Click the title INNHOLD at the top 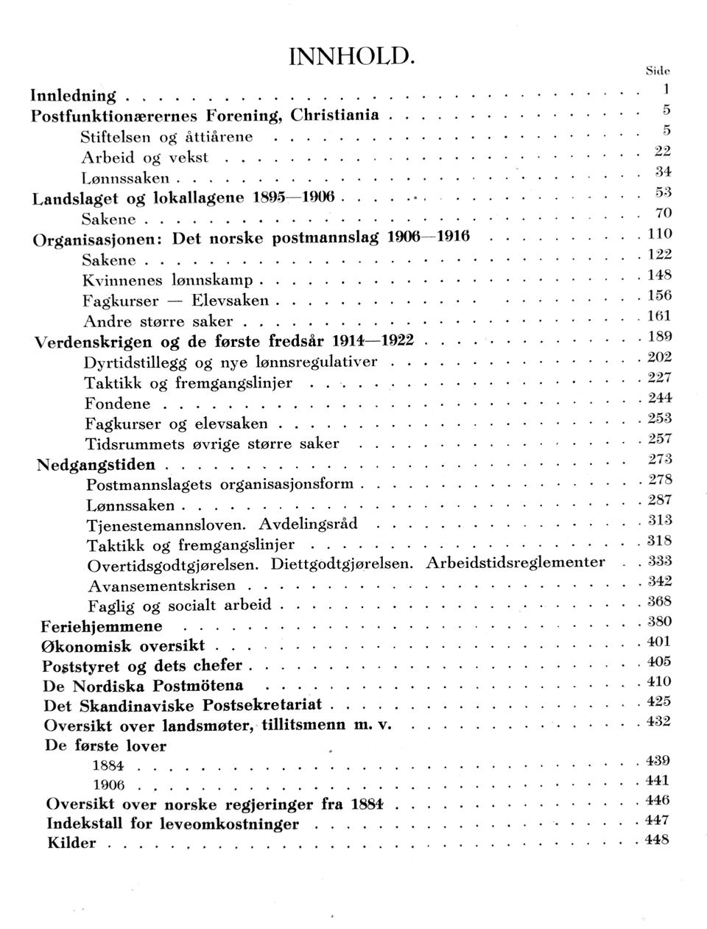point(352,56)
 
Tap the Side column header point(656,71)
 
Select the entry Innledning point(73,95)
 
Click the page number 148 point(657,276)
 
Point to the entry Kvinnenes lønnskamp point(168,281)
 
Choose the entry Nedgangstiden point(96,464)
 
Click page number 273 point(658,460)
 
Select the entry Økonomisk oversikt point(123,646)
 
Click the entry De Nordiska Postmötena point(144,685)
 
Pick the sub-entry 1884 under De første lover point(108,765)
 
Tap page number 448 point(657,840)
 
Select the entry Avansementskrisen point(161,586)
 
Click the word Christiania point(335,115)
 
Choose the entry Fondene point(117,404)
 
